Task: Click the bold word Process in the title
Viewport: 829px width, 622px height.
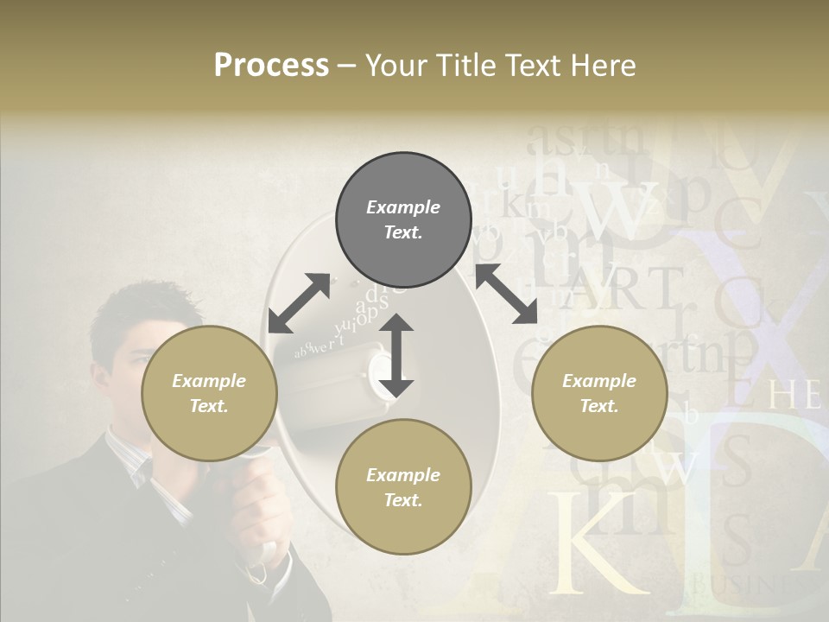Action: point(271,66)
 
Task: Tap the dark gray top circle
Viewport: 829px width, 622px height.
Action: point(403,220)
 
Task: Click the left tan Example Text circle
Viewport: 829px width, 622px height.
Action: point(209,394)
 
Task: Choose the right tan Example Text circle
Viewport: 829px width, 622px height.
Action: point(599,394)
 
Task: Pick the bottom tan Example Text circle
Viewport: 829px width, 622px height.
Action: point(403,487)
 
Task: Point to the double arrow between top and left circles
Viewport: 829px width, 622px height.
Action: point(299,303)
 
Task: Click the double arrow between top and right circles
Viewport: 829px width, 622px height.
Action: point(506,294)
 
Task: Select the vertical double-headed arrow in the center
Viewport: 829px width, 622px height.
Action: point(396,355)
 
